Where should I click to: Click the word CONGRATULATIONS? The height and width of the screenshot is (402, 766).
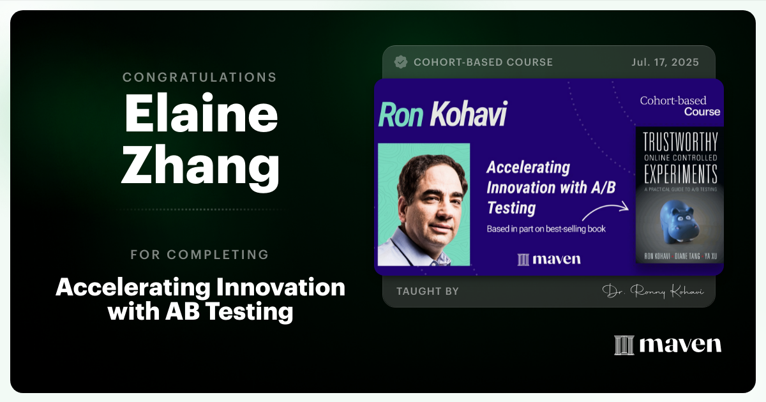pyautogui.click(x=200, y=77)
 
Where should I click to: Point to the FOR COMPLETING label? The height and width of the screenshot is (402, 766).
pyautogui.click(x=200, y=255)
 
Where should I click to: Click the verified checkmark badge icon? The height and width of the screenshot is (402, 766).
pyautogui.click(x=401, y=62)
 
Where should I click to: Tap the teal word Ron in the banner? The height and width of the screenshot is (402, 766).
pyautogui.click(x=400, y=115)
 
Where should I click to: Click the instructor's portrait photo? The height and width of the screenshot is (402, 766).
pyautogui.click(x=424, y=204)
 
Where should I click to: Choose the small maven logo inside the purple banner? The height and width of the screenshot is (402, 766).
pyautogui.click(x=549, y=258)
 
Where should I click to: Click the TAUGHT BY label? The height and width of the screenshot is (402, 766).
pyautogui.click(x=427, y=291)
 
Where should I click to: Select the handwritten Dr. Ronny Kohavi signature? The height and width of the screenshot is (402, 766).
pyautogui.click(x=650, y=291)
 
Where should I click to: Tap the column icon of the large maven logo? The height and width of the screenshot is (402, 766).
pyautogui.click(x=624, y=345)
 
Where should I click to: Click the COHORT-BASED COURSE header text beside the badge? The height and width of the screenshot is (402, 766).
pyautogui.click(x=483, y=62)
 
